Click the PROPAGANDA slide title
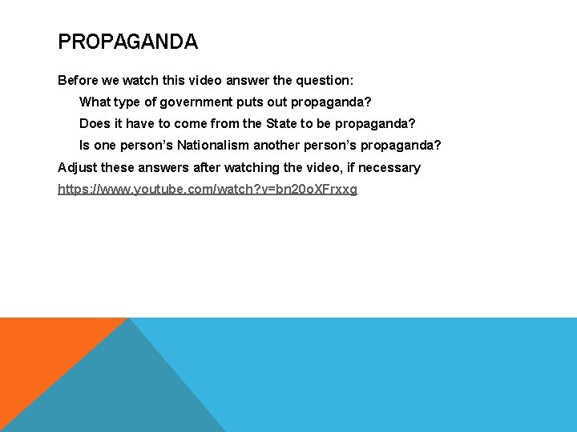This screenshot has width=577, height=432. (127, 42)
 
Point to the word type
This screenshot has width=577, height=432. (128, 102)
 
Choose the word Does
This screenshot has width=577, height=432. (95, 124)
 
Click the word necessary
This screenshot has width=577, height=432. (389, 167)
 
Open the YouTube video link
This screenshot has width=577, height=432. (207, 190)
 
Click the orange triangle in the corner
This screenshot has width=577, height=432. (40, 352)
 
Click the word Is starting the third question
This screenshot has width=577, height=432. (85, 146)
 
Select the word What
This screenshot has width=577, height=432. (95, 102)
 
